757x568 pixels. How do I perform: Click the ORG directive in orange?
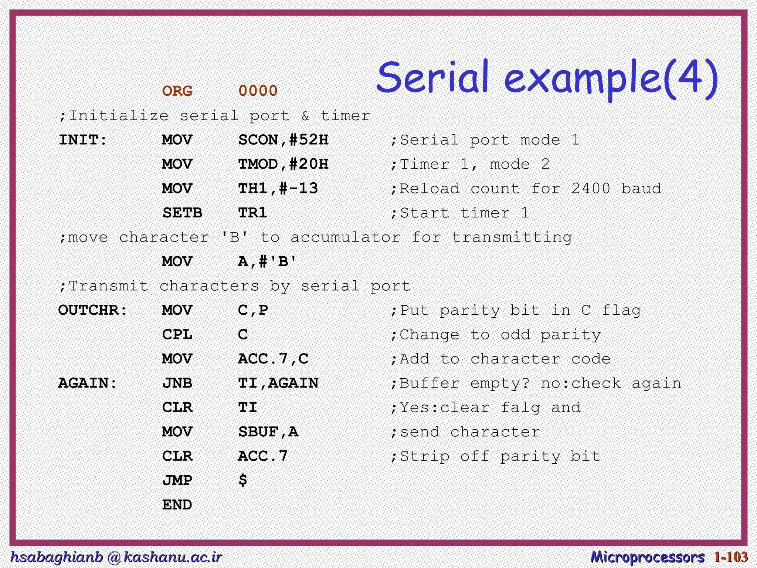coord(177,91)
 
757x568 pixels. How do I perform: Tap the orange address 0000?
coord(258,91)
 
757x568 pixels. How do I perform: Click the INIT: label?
coord(83,140)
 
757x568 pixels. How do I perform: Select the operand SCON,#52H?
coord(283,140)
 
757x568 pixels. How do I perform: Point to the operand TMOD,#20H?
coord(283,164)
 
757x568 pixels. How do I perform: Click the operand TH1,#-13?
coord(278,189)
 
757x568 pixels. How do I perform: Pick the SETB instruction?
coord(182,213)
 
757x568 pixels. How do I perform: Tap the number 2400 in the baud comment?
coord(591,189)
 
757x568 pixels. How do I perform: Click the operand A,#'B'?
coord(267,262)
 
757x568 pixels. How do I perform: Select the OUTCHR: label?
coord(93,310)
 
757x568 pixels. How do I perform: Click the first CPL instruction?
coord(177,335)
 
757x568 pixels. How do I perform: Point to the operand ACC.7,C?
coord(273,359)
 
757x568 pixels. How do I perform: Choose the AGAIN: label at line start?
coord(88,383)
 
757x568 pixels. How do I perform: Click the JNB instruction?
coord(177,383)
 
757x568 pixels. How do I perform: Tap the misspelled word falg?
coord(520,408)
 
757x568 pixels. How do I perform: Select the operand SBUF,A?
coord(268,432)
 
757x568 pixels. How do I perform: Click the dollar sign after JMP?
coord(242,480)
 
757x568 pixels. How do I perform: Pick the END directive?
coord(177,505)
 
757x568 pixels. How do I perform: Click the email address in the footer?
coord(116,557)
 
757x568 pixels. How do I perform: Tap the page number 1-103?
coord(731,557)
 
